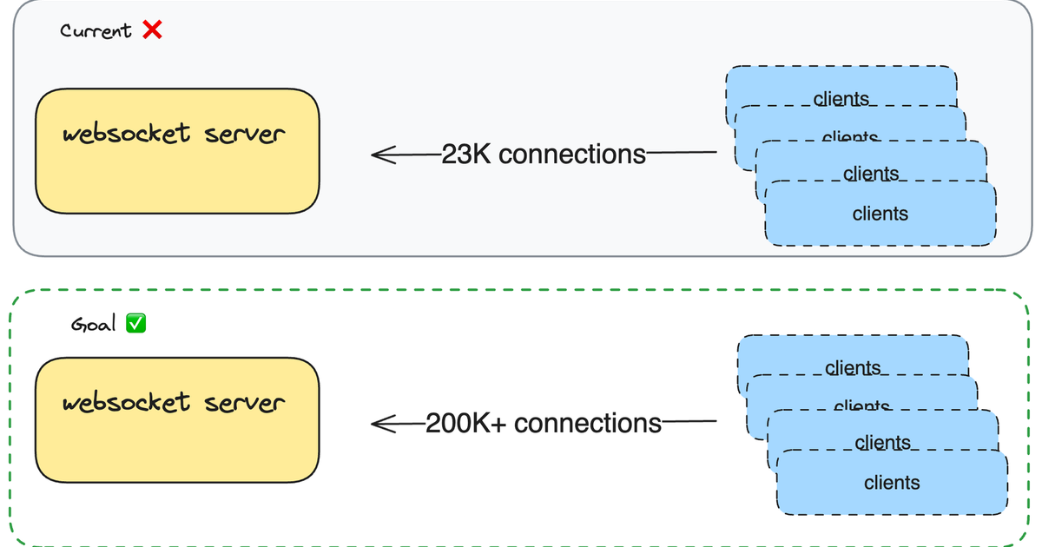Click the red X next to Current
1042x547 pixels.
(x=152, y=30)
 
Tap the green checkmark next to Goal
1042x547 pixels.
(x=135, y=324)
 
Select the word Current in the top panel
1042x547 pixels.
(x=96, y=30)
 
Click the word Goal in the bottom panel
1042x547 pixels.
(x=93, y=324)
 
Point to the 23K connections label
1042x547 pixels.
(x=544, y=155)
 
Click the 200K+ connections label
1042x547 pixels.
(x=544, y=424)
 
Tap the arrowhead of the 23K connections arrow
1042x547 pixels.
(x=378, y=155)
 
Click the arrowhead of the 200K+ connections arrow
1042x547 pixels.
(x=378, y=424)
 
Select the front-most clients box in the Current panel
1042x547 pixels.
(x=880, y=214)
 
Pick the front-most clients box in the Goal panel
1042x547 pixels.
(x=892, y=484)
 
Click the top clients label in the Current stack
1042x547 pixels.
(x=841, y=98)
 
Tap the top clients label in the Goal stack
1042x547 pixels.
(x=853, y=368)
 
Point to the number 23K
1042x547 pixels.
(x=467, y=155)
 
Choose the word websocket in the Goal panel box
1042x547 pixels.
(x=126, y=403)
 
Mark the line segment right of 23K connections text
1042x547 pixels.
(x=682, y=153)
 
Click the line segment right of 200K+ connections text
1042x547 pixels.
(x=689, y=423)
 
